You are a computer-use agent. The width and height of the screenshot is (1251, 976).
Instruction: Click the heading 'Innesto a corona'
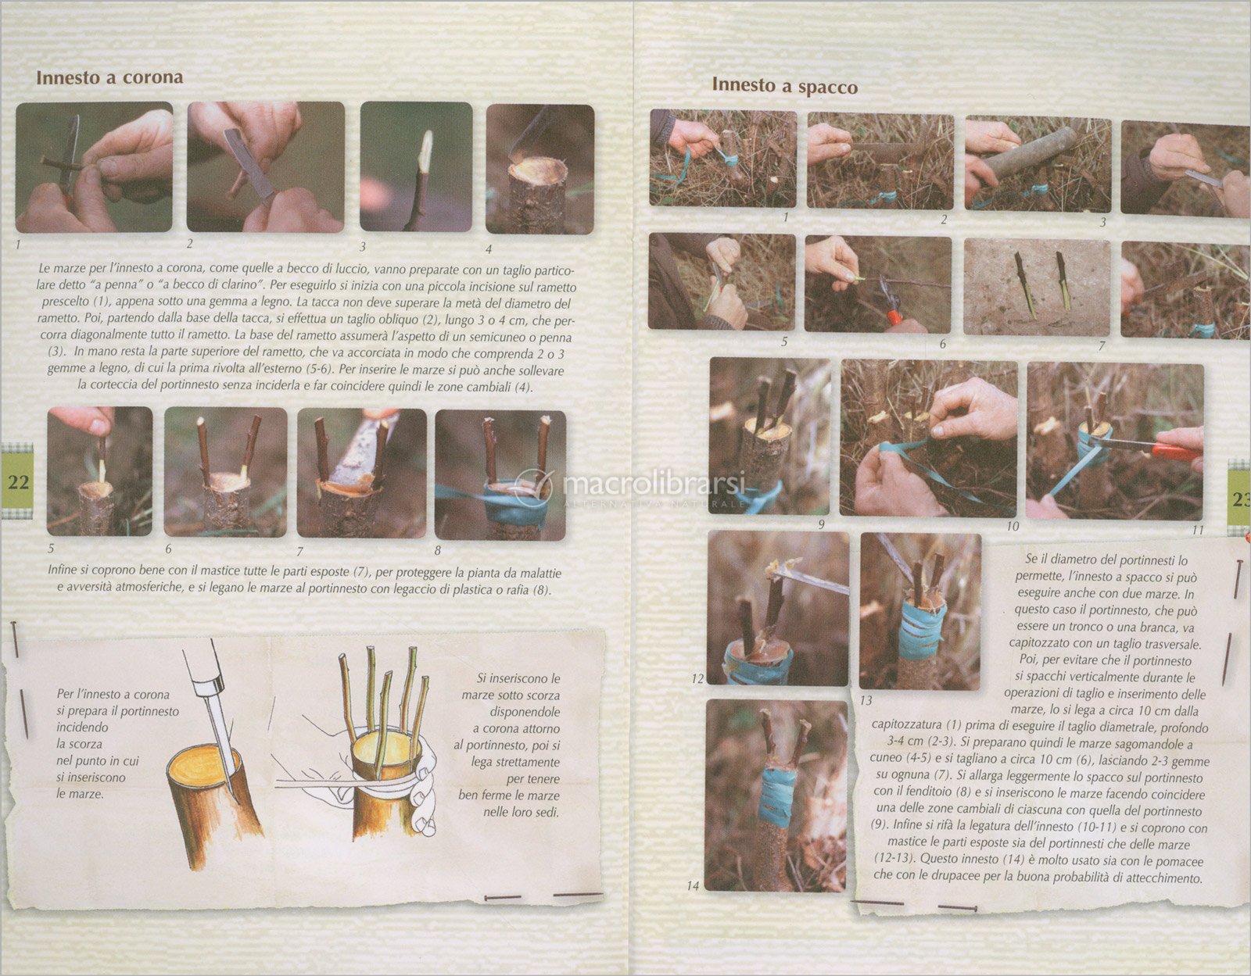(109, 77)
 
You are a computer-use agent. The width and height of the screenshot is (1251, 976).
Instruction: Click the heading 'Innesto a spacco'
(785, 85)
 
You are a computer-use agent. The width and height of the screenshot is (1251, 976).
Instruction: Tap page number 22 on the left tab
(18, 482)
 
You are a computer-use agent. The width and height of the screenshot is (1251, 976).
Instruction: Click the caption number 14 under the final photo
(693, 885)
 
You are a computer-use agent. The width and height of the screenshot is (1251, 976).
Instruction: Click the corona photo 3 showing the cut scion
(416, 166)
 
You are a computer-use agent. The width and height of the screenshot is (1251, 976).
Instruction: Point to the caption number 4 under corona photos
(488, 249)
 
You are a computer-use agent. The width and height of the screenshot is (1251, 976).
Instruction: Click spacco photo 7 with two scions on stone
(1037, 287)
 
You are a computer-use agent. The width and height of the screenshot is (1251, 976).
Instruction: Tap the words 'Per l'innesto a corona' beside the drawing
(113, 694)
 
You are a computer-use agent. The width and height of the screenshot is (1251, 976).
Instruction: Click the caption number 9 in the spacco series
(821, 524)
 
